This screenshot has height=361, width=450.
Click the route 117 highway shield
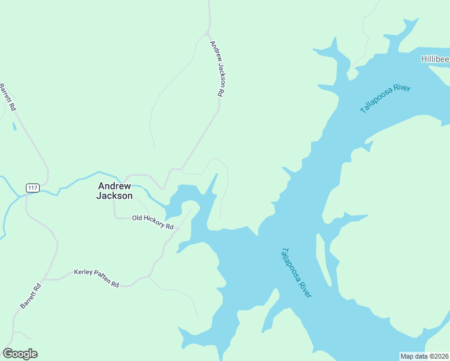32,188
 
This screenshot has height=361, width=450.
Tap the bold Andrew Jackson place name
115,191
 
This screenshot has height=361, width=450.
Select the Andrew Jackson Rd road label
217,69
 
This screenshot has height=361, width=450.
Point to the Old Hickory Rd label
153,222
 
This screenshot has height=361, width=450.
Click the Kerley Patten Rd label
96,278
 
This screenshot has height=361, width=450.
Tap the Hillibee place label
434,59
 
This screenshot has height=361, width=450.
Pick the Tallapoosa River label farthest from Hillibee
296,272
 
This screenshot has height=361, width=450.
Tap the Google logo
20,353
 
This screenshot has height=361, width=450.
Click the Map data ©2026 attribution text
424,356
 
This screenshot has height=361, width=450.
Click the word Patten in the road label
99,279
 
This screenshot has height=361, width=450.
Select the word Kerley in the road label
82,274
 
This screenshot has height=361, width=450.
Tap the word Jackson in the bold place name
115,196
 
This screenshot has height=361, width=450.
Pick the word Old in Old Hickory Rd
137,218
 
